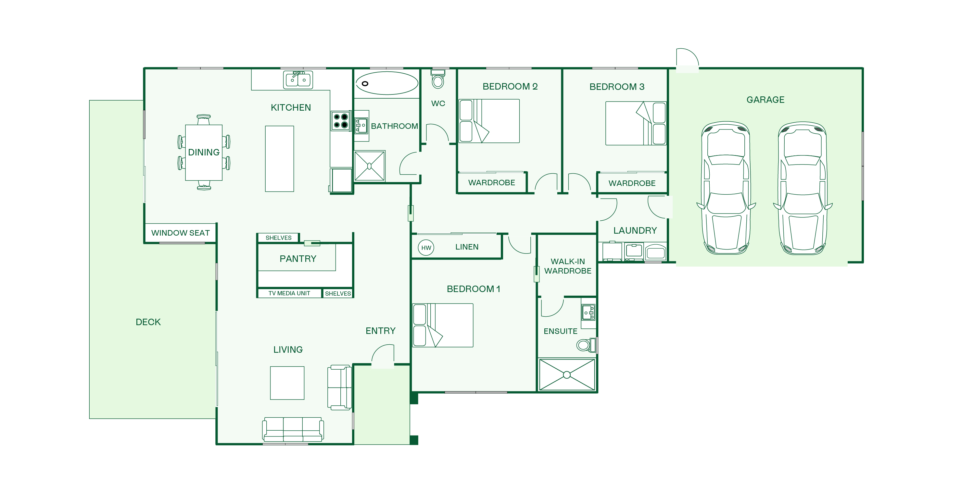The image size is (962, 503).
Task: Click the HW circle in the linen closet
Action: (426, 248)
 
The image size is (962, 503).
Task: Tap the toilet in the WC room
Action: (438, 79)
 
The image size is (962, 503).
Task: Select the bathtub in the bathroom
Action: (387, 83)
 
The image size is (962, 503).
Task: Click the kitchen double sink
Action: (298, 80)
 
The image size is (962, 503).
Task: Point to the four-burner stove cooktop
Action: (341, 120)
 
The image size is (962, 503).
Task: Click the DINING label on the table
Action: (204, 152)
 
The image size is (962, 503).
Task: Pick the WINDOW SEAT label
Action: (180, 233)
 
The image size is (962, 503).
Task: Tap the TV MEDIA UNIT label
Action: (289, 293)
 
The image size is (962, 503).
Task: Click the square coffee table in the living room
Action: (287, 383)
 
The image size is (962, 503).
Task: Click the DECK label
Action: (148, 322)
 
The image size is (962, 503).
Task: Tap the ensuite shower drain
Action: (566, 374)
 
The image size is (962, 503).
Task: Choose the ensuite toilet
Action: (587, 345)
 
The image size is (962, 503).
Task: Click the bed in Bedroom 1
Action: (443, 325)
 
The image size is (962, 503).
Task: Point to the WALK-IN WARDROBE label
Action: (568, 266)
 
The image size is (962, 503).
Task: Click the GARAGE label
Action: (765, 100)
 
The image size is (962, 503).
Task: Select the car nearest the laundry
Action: (726, 188)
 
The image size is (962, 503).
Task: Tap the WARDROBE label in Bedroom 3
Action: (632, 183)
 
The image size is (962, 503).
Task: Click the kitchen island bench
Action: (279, 159)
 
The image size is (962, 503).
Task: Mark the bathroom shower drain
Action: (369, 166)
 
